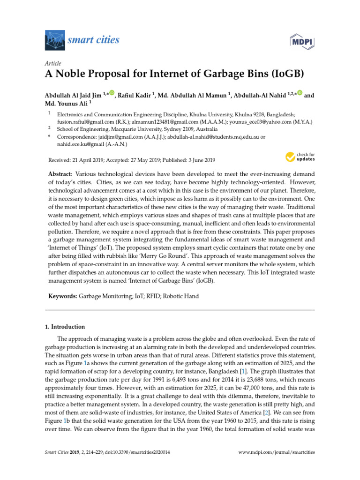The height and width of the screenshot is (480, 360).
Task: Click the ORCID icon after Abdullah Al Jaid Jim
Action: tap(112, 94)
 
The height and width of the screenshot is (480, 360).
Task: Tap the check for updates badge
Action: tap(300, 157)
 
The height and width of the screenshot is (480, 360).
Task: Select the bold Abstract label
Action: tap(60, 173)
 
